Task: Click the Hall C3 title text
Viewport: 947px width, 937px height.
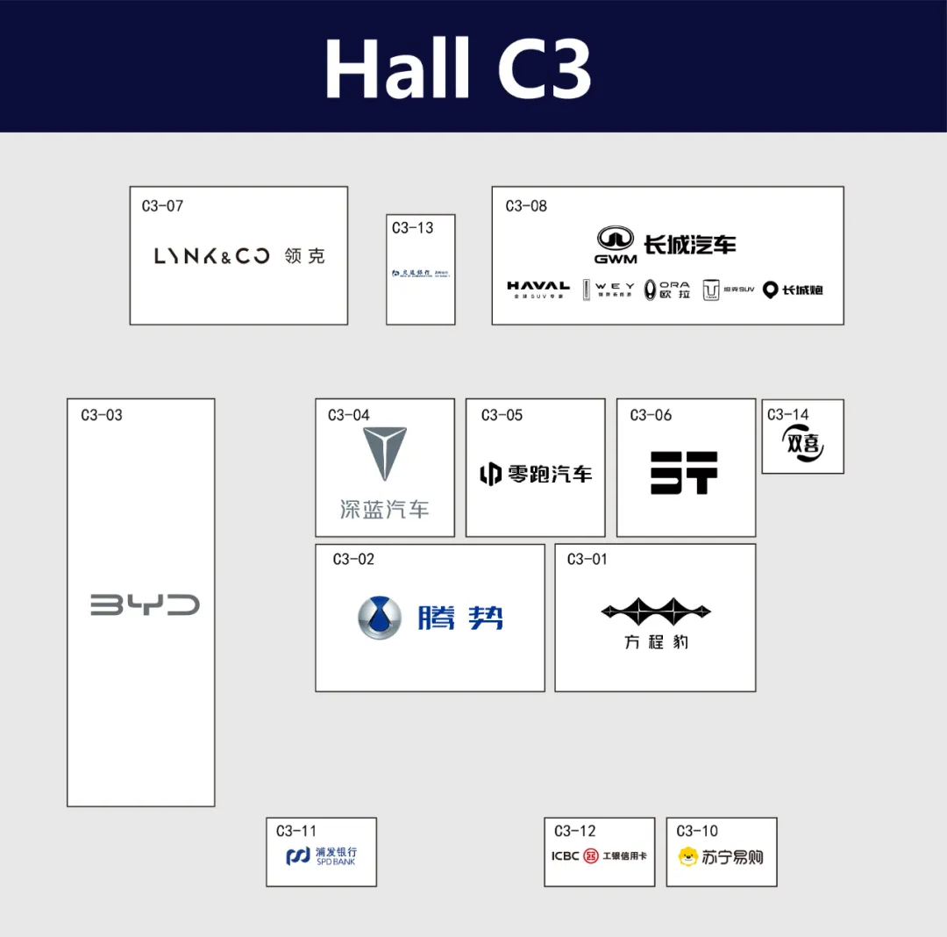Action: click(458, 68)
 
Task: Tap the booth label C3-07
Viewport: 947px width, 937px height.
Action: click(162, 206)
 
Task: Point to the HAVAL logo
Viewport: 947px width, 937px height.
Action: click(538, 288)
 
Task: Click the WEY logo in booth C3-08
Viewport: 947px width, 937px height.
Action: click(609, 290)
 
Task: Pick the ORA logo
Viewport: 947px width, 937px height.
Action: click(667, 290)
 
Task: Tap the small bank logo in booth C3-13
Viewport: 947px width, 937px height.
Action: click(421, 273)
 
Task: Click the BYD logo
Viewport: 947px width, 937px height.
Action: click(145, 604)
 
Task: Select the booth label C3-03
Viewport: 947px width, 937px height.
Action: click(102, 415)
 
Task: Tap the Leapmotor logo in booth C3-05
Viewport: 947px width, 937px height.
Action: click(535, 474)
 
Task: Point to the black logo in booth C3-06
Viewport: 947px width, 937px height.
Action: click(684, 472)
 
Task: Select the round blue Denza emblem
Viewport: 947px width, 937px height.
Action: click(380, 618)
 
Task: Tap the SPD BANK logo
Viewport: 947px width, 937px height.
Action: click(321, 856)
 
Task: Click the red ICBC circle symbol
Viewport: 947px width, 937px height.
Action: click(591, 855)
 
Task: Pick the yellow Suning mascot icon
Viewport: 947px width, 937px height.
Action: click(688, 856)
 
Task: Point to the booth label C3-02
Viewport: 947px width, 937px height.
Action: click(353, 559)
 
